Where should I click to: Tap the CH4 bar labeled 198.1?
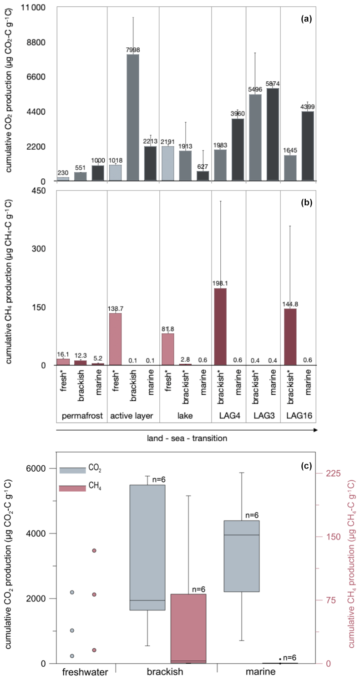[x=220, y=327]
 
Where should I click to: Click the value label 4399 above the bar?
[x=307, y=107]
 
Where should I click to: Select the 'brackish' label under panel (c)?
[x=165, y=671]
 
